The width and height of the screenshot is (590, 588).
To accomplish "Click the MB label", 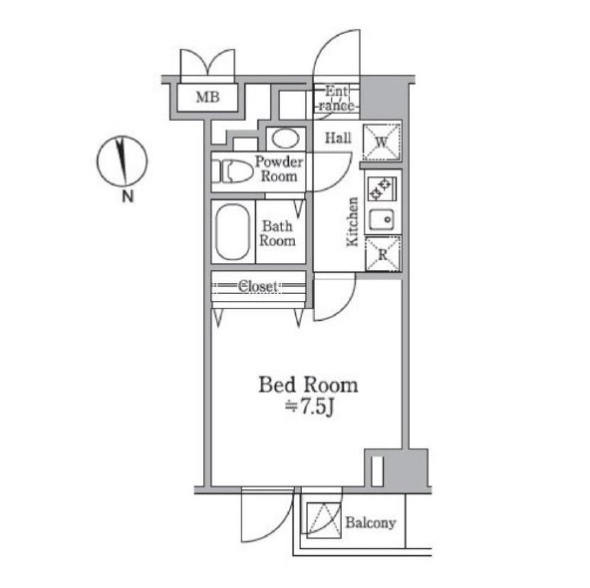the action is coord(207,98).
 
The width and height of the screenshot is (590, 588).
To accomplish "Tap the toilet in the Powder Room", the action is coord(232,171).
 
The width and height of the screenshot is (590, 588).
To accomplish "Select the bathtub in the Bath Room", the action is coord(232,231).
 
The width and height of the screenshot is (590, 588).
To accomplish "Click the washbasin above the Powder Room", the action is coord(286,139).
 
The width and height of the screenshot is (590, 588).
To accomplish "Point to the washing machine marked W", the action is coord(382,143).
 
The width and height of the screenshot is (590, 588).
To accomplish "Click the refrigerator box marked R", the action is coord(383,254).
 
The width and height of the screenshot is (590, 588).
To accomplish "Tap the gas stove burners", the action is coord(381,189).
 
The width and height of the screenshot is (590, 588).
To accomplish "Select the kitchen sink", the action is coord(382,219).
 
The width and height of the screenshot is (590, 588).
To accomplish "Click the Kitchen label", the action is coord(353,222).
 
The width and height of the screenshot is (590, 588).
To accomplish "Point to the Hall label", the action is coord(338,138).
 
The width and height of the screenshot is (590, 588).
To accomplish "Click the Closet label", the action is coord(258,286).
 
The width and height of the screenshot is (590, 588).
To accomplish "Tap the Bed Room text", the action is coord(308,385).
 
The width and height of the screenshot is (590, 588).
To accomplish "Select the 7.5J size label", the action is coord(310,408).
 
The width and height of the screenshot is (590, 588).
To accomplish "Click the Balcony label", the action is coord(371,522).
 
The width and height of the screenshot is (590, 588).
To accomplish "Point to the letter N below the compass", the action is coord(128,196).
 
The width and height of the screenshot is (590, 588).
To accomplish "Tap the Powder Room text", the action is coord(279,168).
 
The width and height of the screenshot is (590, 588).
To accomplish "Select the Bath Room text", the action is coord(278,233).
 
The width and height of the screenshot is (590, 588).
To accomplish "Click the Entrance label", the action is coord(337,99).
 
